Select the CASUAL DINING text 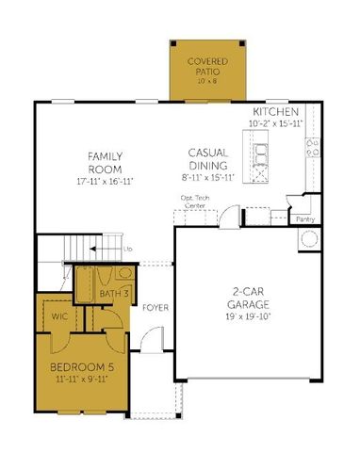tap(205, 156)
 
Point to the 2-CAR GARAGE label tap(251, 298)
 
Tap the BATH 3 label tap(114, 295)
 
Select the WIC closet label tap(59, 317)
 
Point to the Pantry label tap(303, 218)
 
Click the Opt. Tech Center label tap(195, 201)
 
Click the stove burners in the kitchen tap(310, 144)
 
